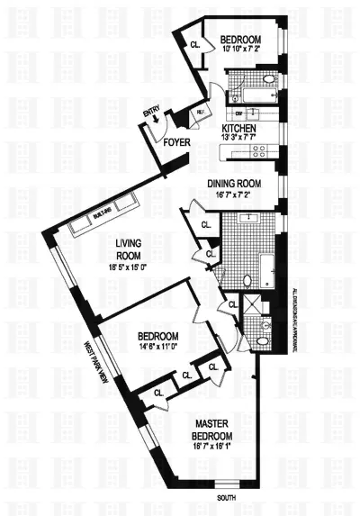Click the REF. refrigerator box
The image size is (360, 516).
pyautogui.click(x=201, y=113)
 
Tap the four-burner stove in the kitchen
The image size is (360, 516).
pyautogui.click(x=260, y=151)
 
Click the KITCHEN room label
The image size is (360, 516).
pyautogui.click(x=238, y=129)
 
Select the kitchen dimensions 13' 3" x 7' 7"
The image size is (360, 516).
pyautogui.click(x=238, y=139)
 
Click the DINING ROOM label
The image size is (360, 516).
pyautogui.click(x=237, y=180)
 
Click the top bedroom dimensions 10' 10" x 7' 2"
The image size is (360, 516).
pyautogui.click(x=241, y=50)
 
